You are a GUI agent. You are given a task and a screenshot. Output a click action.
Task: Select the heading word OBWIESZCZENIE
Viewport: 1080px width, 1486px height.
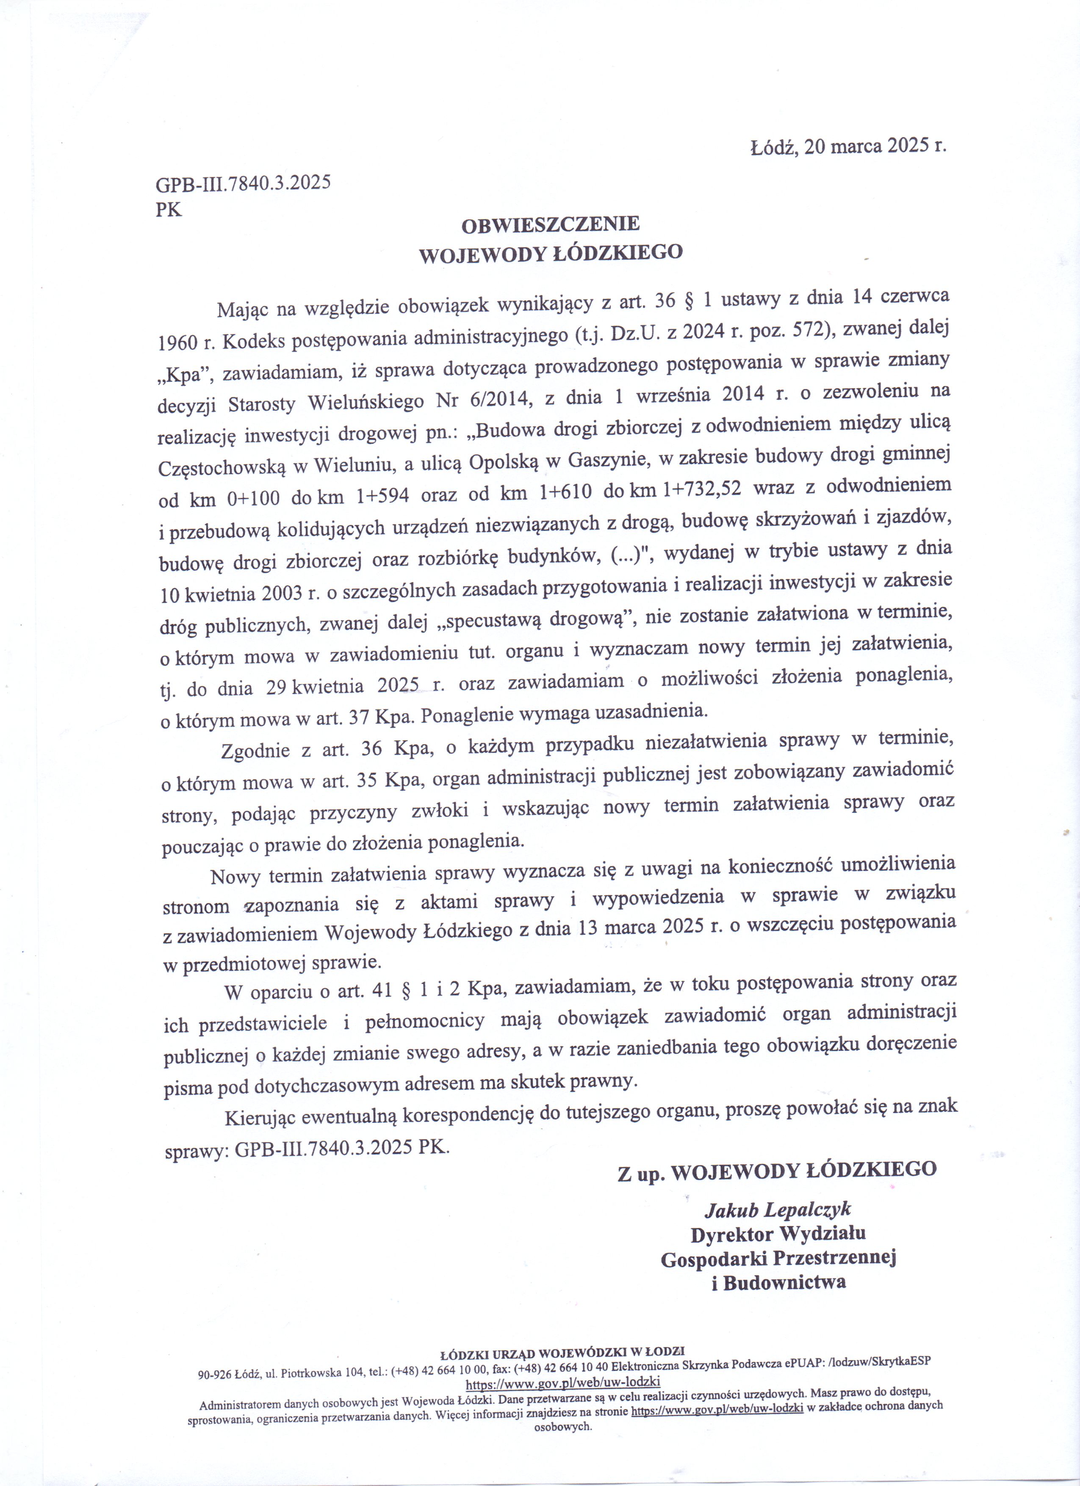click(551, 225)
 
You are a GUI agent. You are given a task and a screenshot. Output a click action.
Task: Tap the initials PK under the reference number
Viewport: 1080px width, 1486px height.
click(169, 209)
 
